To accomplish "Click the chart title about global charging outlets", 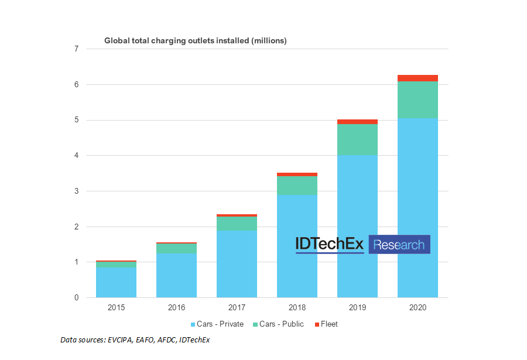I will click(195, 40).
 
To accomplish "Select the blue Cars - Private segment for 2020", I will click(418, 176).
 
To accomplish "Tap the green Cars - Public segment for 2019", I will click(357, 139).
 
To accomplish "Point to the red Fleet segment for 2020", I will click(418, 78).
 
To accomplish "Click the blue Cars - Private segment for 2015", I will click(116, 282).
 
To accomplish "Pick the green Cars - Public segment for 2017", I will click(237, 223).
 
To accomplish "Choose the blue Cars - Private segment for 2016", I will click(176, 275).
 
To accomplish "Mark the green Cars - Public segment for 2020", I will click(418, 100).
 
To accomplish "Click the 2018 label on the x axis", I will click(297, 307).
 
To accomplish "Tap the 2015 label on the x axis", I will click(116, 307).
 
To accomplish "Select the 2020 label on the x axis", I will click(418, 307).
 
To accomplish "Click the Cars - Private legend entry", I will click(217, 324).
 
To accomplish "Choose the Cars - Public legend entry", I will click(279, 324).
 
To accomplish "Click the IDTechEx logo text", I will click(330, 245).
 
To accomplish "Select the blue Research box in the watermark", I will click(399, 245).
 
